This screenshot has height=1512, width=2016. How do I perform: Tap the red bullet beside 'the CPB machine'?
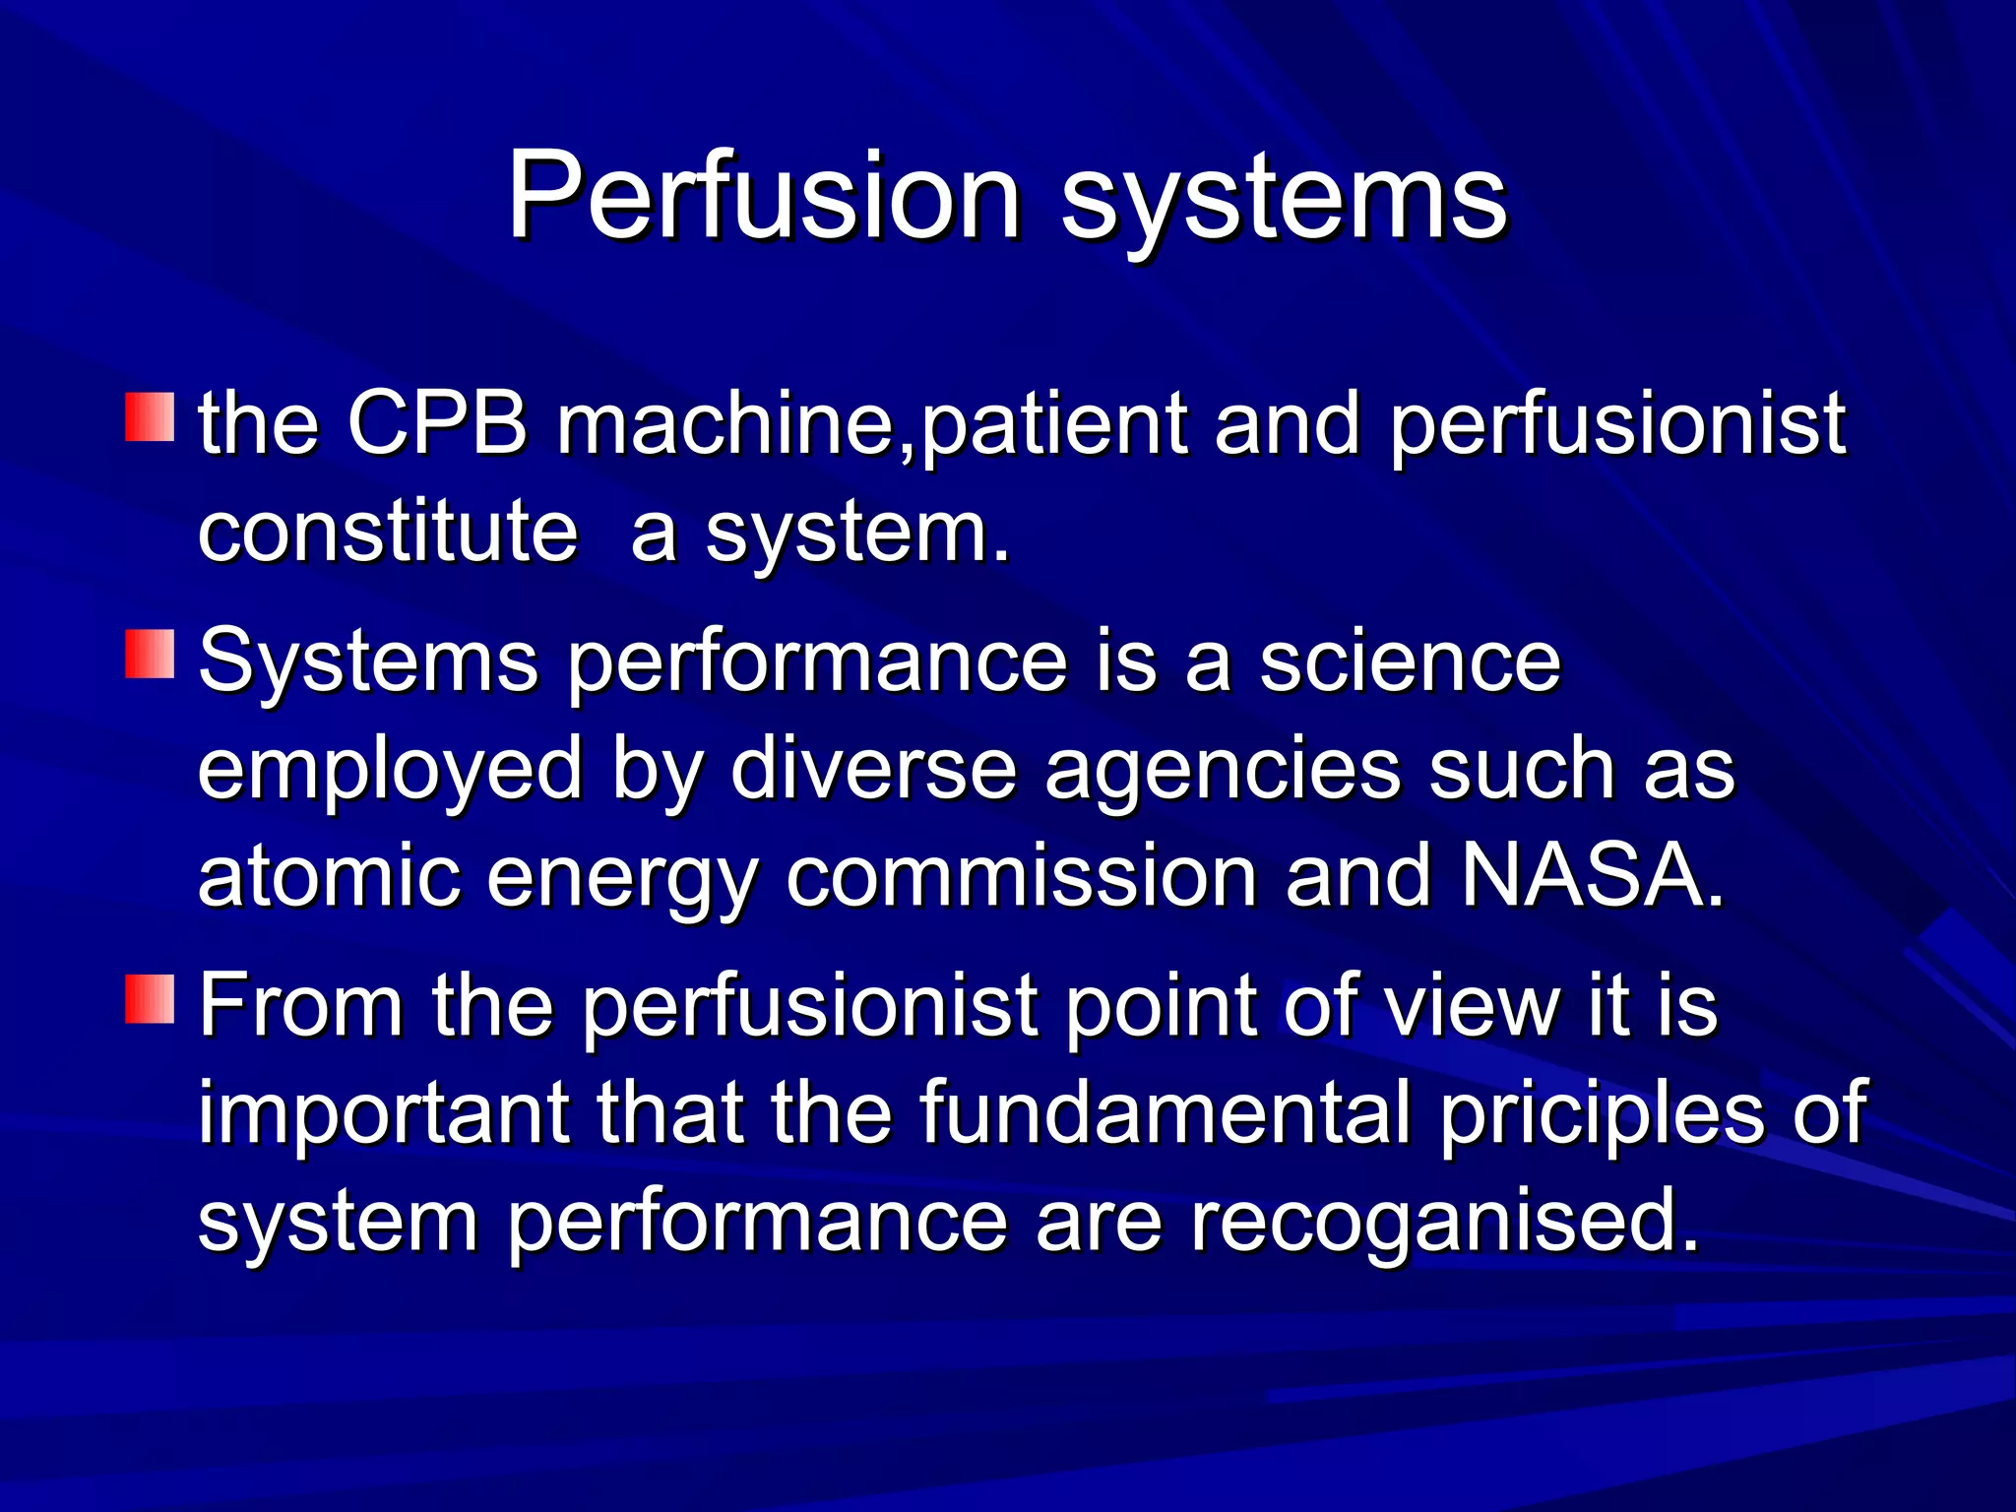point(150,417)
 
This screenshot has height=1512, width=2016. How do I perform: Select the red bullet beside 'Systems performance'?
point(150,655)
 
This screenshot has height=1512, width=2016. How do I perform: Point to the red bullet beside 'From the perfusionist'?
point(150,999)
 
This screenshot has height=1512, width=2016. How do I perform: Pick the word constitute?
point(388,531)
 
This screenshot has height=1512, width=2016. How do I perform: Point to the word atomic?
point(329,875)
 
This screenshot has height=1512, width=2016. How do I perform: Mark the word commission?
point(1021,875)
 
